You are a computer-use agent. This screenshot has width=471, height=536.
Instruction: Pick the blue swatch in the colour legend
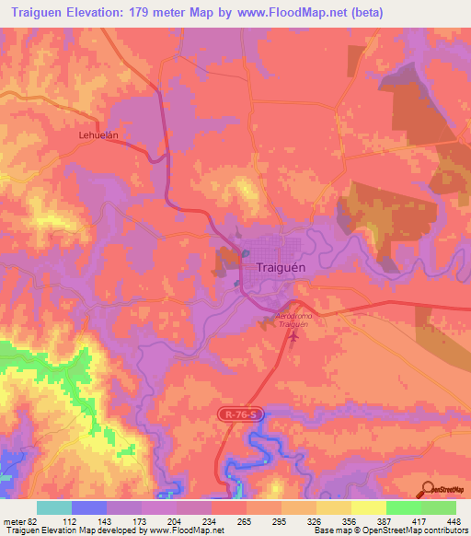coord(88,507)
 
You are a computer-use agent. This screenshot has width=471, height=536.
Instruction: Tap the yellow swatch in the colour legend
coord(368,507)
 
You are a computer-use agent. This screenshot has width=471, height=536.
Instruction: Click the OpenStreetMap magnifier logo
coord(429,489)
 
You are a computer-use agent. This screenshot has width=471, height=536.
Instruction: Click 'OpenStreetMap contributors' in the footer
coord(421,530)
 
